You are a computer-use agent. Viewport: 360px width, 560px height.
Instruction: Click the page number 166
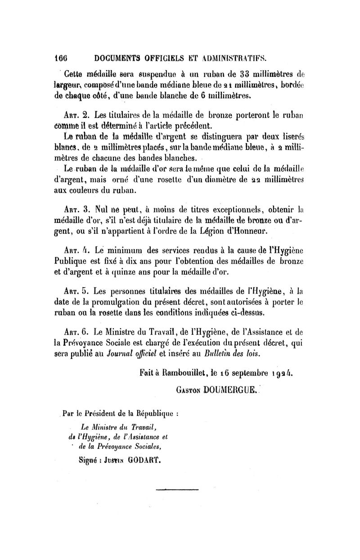point(60,57)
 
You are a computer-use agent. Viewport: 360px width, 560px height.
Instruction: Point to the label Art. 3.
point(77,210)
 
